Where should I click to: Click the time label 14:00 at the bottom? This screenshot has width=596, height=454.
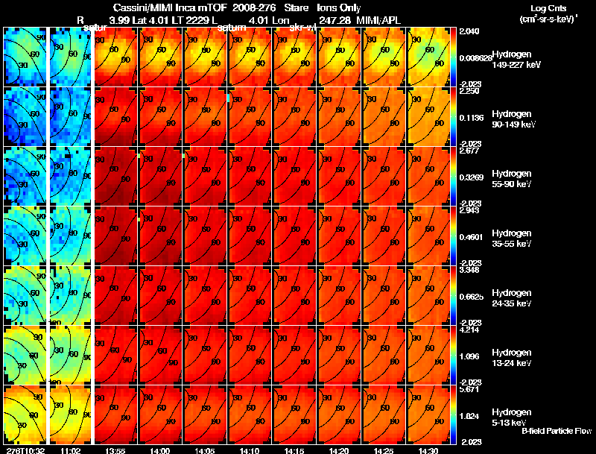pyautogui.click(x=160, y=450)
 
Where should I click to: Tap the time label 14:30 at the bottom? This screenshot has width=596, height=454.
pyautogui.click(x=428, y=450)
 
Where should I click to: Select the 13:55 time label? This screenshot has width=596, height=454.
pyautogui.click(x=115, y=450)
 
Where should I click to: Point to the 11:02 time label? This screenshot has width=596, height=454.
pyautogui.click(x=70, y=450)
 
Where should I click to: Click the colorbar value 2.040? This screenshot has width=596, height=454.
pyautogui.click(x=470, y=31)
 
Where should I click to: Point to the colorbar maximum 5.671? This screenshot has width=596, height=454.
pyautogui.click(x=470, y=389)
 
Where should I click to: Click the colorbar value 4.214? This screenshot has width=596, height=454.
pyautogui.click(x=470, y=330)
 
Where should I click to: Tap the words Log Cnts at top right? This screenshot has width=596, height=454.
pyautogui.click(x=548, y=8)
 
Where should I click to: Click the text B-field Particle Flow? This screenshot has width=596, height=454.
pyautogui.click(x=557, y=431)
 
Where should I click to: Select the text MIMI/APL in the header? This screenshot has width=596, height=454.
pyautogui.click(x=378, y=19)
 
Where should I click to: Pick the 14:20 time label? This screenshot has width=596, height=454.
pyautogui.click(x=339, y=450)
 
